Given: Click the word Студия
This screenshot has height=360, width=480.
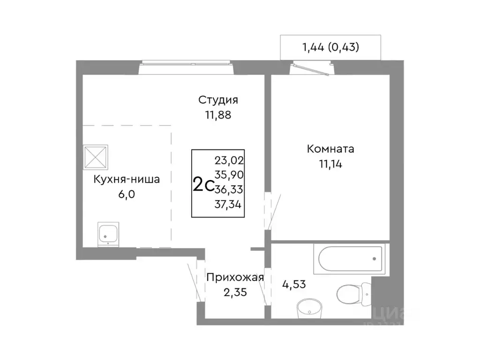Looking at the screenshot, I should [x=218, y=100].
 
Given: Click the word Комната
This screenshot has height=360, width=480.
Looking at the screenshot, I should [x=330, y=150].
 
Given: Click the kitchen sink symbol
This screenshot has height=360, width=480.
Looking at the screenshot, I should [x=108, y=233].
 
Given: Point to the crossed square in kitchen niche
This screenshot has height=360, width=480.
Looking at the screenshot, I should [x=96, y=157].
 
